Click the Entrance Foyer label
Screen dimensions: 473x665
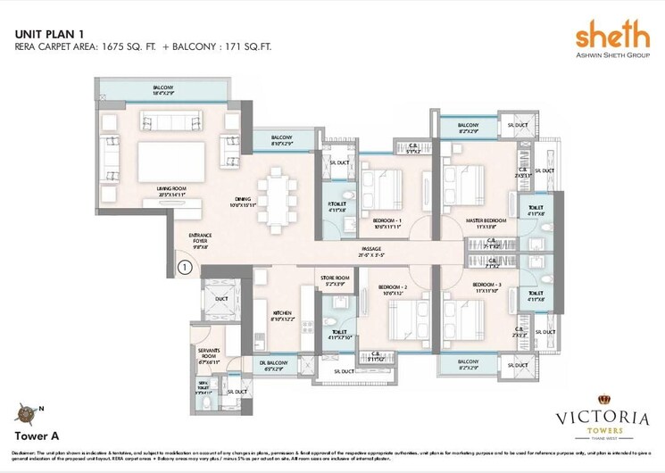point(199,238)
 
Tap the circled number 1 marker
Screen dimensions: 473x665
point(184,265)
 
